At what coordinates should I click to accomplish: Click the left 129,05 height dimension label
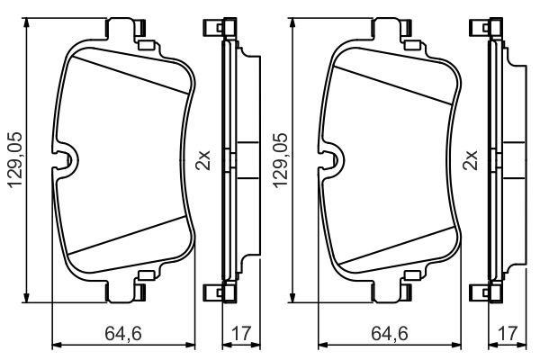coord(14,160)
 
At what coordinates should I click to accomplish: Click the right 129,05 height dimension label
coord(280,160)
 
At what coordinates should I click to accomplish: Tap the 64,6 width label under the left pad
coord(123,333)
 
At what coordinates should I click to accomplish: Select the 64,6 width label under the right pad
coord(390,333)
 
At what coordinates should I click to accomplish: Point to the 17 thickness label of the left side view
coord(241,333)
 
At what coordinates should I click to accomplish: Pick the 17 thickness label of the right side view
coord(508,333)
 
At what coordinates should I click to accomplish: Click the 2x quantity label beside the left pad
coord(202,160)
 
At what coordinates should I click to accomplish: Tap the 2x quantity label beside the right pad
coord(470,160)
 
